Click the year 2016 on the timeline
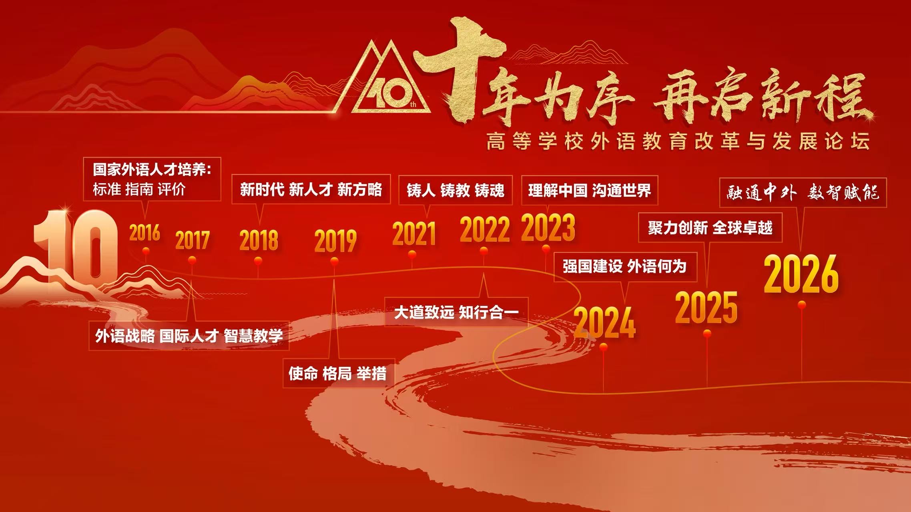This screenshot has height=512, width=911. coord(144,233)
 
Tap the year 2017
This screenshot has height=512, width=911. coord(193,240)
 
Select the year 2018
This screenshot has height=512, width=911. coord(259,240)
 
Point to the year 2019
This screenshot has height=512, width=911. coord(335,241)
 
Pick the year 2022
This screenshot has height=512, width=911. coord(485,229)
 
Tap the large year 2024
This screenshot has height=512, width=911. coord(604,322)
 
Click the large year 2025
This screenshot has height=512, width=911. coord(706,308)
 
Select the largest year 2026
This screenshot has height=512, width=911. coord(801,274)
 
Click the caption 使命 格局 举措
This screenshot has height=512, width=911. coord(337,374)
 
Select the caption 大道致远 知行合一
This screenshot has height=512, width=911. coord(456,312)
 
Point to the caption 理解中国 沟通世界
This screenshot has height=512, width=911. coord(590,190)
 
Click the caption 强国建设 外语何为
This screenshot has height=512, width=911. coord(625,266)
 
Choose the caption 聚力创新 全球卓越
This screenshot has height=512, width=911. coord(710,228)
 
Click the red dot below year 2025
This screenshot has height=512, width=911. coord(707,333)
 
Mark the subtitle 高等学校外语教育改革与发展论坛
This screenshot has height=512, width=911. coord(678,142)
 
